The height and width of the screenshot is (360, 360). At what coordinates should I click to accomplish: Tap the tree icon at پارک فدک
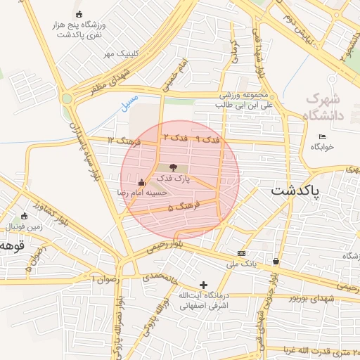[173, 167]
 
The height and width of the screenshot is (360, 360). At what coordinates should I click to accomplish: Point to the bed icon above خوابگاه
[323, 136]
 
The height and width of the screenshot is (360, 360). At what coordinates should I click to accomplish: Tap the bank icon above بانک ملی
[241, 253]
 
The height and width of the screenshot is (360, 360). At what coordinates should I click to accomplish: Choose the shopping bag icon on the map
[275, 262]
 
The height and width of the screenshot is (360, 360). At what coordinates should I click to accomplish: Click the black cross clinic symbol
[204, 285]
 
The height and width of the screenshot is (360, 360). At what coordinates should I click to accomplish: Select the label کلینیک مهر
[119, 53]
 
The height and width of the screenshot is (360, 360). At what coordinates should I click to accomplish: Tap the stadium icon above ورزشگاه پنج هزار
[79, 13]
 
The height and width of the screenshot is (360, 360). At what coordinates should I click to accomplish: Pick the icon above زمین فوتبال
[25, 216]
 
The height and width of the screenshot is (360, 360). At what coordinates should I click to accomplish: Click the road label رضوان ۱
[105, 279]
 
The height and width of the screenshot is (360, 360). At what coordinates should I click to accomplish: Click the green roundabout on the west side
[67, 98]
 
